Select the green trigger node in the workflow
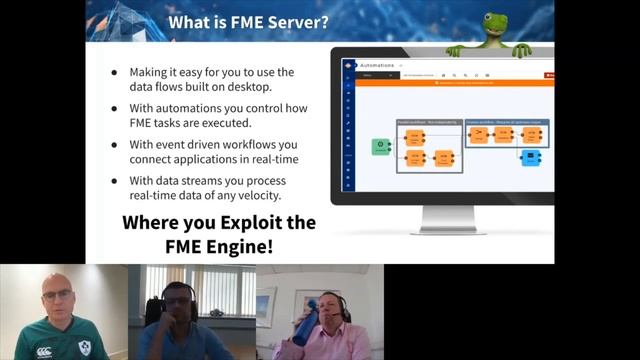pyautogui.click(x=381, y=147)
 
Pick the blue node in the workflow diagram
pyautogui.click(x=531, y=157)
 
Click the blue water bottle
pyautogui.click(x=305, y=324)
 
